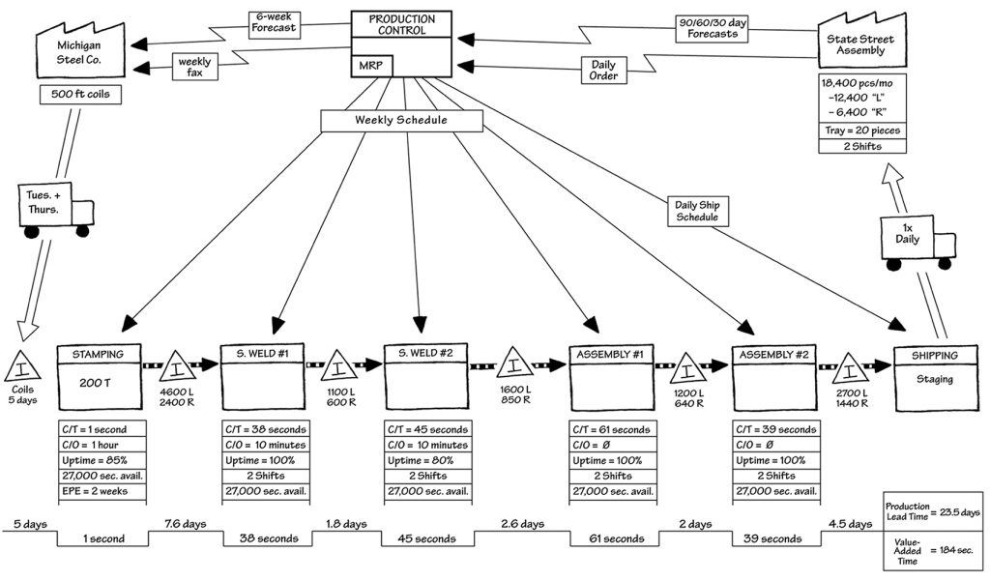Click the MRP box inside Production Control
click(x=371, y=65)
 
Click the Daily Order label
click(x=605, y=71)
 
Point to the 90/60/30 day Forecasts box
click(x=713, y=27)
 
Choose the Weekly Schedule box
click(x=403, y=119)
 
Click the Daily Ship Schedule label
click(x=697, y=211)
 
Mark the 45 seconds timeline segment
click(x=428, y=538)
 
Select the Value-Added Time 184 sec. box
click(x=933, y=549)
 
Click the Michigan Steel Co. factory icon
click(x=73, y=51)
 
